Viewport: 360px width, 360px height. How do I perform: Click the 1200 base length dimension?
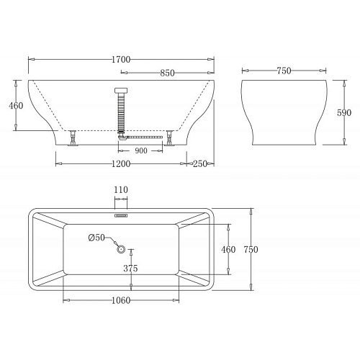(121, 165)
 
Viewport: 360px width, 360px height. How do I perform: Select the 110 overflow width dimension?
(120, 189)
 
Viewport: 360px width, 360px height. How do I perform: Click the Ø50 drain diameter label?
(96, 238)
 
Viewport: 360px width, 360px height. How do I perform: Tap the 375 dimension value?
(130, 269)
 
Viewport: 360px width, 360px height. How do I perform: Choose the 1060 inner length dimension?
(121, 301)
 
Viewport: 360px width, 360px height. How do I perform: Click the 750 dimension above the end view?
(284, 72)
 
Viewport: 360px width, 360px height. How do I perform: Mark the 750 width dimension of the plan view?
(251, 249)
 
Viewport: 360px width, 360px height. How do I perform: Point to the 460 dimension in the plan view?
(228, 249)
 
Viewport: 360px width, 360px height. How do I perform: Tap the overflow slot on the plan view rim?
(121, 214)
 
